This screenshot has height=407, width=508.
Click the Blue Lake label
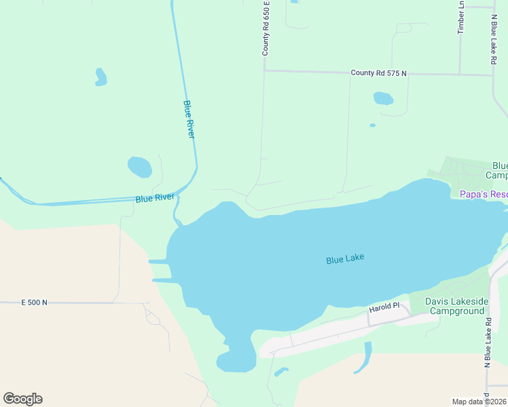pos(345,258)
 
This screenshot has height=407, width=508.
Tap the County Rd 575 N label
pos(378,73)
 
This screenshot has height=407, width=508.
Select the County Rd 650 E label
pos(266,29)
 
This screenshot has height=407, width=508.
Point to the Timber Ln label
pos(461,17)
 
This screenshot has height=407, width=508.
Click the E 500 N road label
pos(35,302)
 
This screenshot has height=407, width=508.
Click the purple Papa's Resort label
pos(479,194)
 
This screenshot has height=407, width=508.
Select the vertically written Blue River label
pos(189,120)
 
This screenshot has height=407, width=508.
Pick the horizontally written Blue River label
pos(155,198)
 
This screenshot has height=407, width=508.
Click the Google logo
pos(22,399)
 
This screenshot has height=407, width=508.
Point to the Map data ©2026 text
pos(479,402)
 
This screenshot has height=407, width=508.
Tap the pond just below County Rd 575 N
pos(383,98)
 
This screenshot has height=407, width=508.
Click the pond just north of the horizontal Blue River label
pos(140,166)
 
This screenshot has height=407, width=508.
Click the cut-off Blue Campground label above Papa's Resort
pos(499,170)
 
